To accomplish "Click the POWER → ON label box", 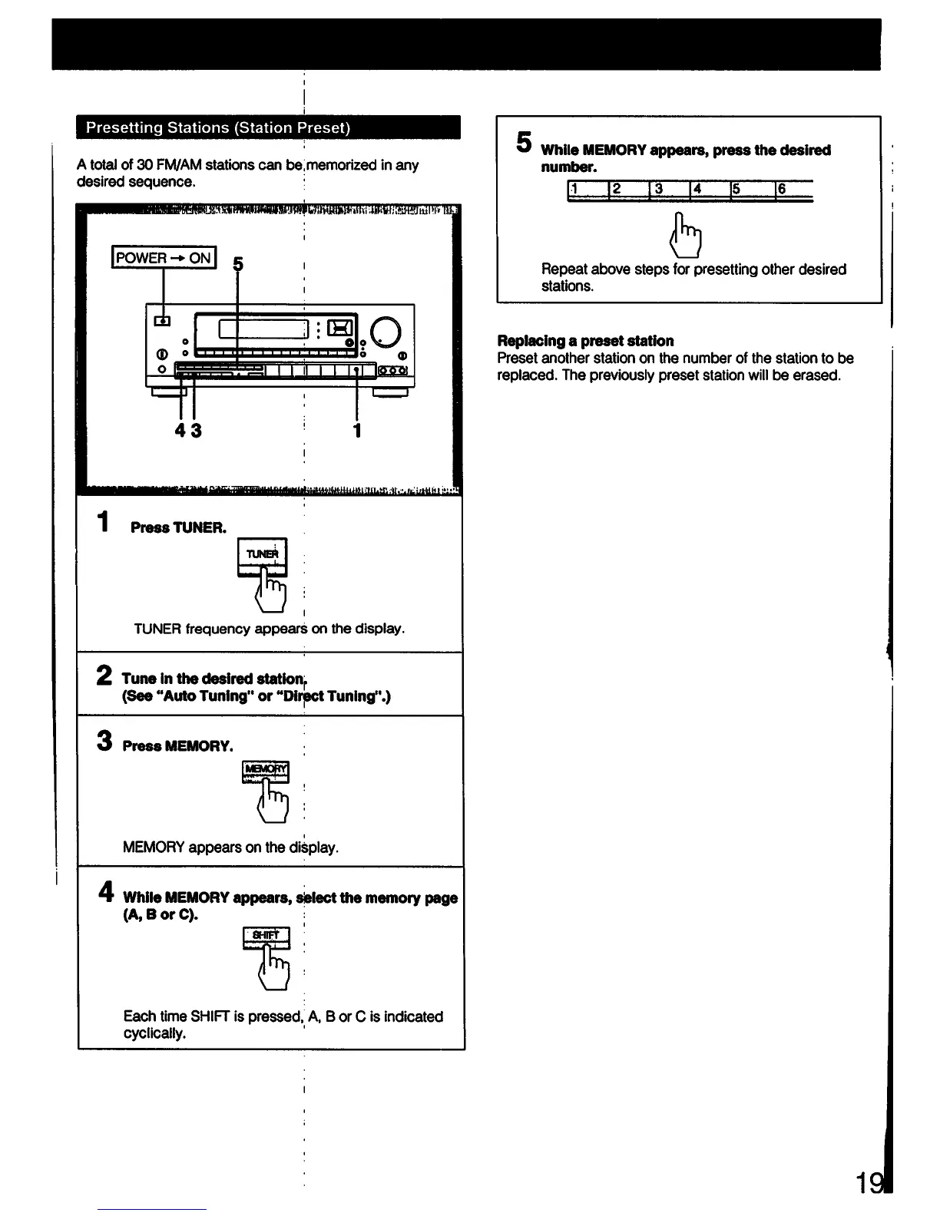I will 164,258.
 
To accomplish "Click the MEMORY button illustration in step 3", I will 266,771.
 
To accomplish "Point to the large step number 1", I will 103,522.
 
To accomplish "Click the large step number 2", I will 105,676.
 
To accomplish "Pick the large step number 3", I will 104,742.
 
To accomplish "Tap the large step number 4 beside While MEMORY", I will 106,892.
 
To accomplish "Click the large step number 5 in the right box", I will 524,142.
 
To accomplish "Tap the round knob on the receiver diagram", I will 386,332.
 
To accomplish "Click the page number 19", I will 870,1185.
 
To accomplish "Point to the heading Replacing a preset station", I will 585,341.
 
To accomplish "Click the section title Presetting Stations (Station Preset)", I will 218,127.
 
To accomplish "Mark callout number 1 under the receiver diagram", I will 357,430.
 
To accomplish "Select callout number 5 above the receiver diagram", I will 238,265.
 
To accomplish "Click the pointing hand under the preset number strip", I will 687,235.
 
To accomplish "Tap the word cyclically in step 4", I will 154,1033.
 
